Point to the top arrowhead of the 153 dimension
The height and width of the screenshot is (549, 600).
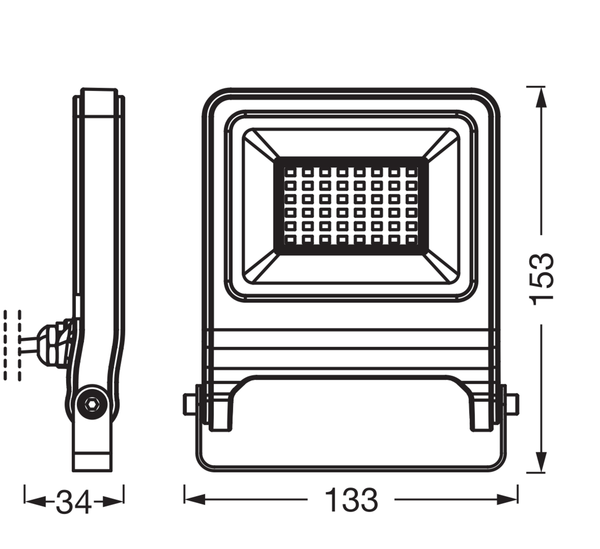pos(541,98)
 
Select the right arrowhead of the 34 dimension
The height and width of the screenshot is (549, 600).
pos(113,501)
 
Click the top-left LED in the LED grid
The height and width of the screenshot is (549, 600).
pos(290,172)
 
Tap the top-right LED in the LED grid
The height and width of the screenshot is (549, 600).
pos(412,172)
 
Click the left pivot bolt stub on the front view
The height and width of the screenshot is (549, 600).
pos(189,404)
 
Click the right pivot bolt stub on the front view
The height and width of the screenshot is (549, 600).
pos(513,404)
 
